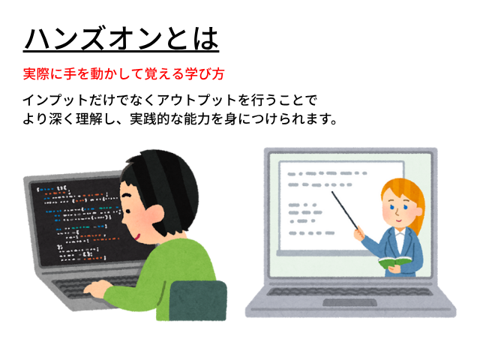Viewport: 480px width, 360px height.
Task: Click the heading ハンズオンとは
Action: (121, 39)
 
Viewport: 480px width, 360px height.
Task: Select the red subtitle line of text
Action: (124, 74)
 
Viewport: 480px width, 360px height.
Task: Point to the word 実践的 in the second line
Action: (150, 118)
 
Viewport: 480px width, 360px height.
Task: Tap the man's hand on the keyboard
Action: (97, 288)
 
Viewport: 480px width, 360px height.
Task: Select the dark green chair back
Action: (198, 301)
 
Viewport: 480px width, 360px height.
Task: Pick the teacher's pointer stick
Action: (345, 210)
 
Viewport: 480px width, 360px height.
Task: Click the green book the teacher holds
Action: (394, 262)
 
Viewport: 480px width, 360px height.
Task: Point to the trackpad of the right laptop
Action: (350, 302)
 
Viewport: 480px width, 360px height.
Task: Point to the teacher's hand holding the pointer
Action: (359, 233)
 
